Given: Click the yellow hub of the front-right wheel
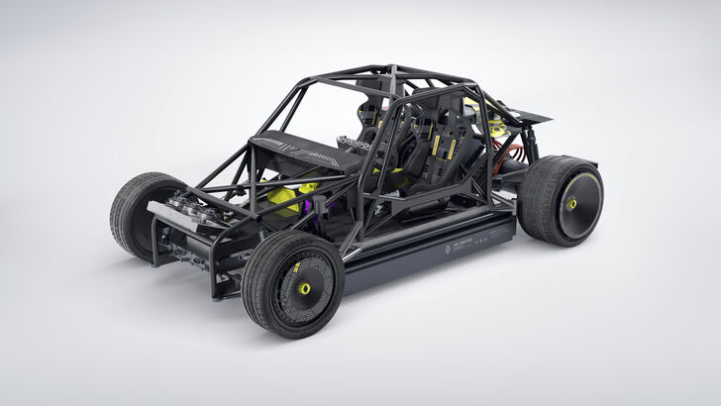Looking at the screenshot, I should coord(305,288).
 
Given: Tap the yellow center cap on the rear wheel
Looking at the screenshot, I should coord(571,204).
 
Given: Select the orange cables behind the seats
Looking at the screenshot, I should coord(513,153).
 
